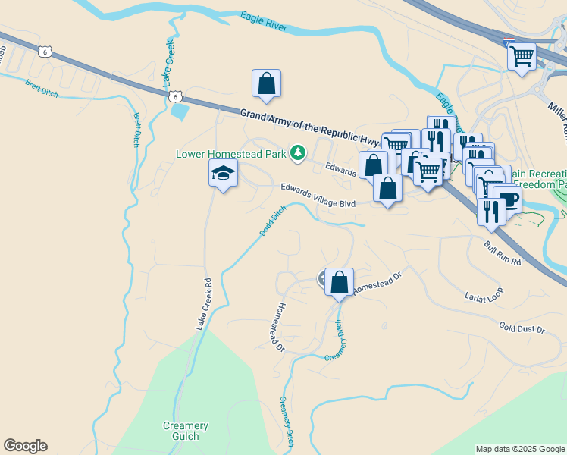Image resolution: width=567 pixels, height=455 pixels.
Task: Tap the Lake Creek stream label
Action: point(168,62)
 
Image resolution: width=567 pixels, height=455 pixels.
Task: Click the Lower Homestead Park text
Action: point(230,154)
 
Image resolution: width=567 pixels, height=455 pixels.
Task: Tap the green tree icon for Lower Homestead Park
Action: point(298,154)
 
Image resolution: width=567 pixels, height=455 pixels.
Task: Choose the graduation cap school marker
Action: point(223,174)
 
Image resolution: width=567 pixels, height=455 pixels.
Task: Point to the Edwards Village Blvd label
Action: point(318,195)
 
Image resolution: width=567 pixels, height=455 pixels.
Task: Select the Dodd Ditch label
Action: point(273,221)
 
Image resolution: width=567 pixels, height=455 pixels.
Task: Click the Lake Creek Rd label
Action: point(202,303)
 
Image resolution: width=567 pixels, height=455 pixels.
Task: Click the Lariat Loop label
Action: point(484,293)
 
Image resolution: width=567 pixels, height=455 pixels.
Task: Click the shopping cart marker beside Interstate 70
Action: point(522,56)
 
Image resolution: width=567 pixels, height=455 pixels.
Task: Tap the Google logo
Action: point(25,446)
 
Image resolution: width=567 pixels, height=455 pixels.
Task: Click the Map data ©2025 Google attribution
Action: point(518,449)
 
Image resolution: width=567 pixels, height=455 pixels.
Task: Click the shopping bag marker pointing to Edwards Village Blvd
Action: point(388,188)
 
